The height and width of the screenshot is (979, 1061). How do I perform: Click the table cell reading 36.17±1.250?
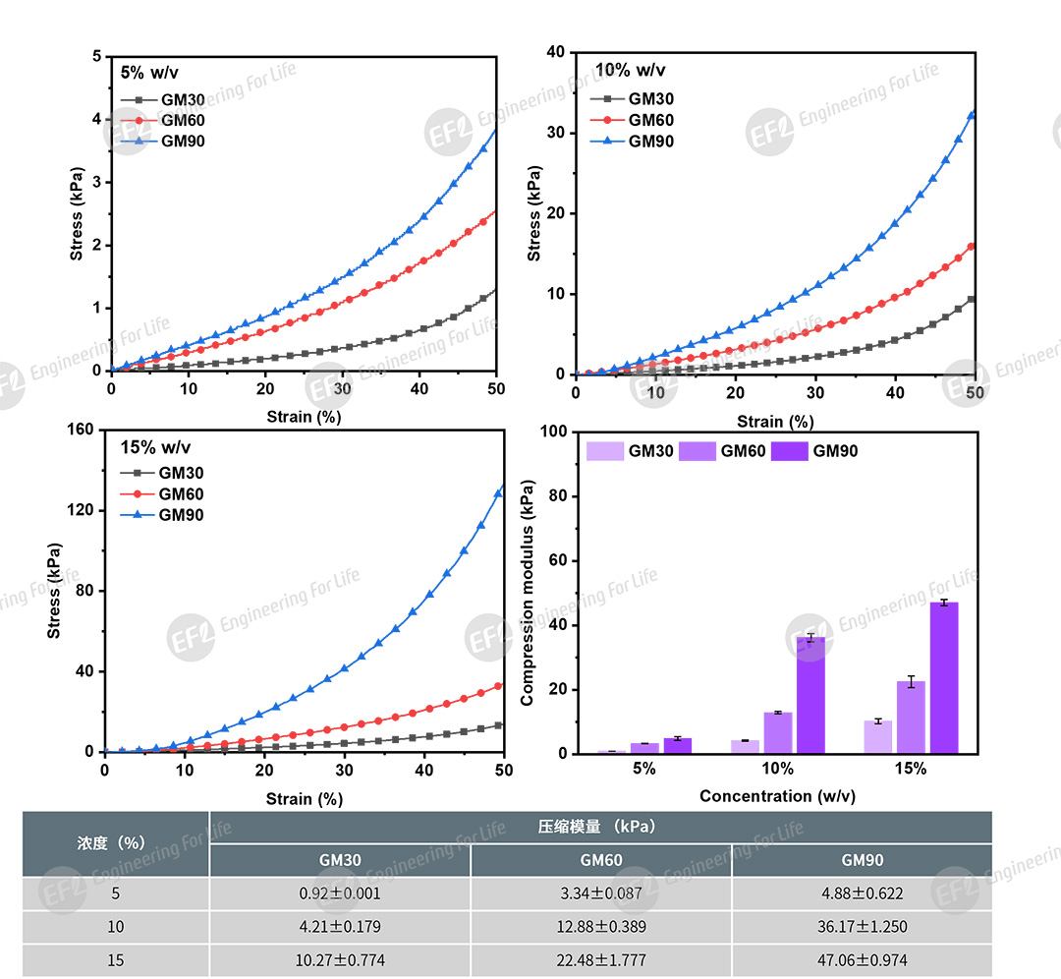(862, 927)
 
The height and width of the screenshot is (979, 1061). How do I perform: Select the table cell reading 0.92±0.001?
(340, 894)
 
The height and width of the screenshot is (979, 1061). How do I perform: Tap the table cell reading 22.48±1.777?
(601, 960)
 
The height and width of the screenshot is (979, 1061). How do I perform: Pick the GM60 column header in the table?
(601, 860)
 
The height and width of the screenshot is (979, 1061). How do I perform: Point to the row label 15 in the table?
(116, 960)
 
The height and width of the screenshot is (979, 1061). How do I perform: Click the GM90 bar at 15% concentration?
(943, 678)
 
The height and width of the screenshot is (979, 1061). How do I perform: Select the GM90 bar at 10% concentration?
(810, 696)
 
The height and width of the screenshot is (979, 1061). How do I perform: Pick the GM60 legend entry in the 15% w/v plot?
(181, 494)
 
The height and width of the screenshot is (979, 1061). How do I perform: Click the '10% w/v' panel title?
(630, 70)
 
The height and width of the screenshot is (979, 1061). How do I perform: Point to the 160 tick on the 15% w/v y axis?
(81, 430)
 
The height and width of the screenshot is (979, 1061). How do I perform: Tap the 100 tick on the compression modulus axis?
(553, 432)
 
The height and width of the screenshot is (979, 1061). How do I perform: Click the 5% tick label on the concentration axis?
(644, 769)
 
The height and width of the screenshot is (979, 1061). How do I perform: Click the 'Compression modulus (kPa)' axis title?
(528, 593)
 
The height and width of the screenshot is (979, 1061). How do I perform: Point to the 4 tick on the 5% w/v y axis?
(96, 120)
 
